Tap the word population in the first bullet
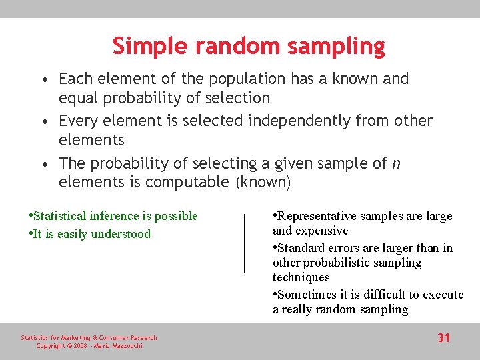[x=247, y=79]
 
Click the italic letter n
[x=397, y=164]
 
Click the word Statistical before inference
[x=60, y=216]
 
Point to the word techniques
[x=301, y=277]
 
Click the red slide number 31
[x=444, y=338]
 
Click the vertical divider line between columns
[x=244, y=243]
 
